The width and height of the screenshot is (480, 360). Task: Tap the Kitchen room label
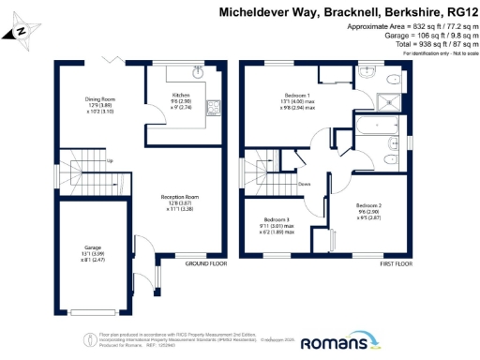tap(181, 97)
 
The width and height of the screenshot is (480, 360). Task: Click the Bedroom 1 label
tap(297, 96)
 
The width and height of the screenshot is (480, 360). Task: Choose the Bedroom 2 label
tap(368, 204)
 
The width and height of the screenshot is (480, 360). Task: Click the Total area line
tap(417, 43)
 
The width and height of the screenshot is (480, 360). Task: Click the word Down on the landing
tap(305, 184)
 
